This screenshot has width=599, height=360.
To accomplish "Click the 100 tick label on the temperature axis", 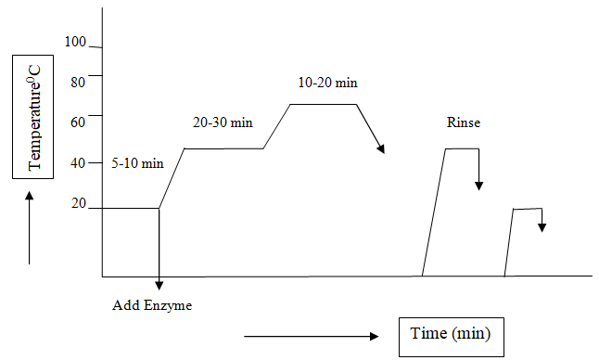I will click(x=75, y=43).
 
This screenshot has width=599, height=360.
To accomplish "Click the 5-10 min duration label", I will click(x=137, y=163).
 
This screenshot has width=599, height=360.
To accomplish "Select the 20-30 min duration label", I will click(x=223, y=122).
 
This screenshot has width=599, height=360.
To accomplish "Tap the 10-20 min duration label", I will click(x=327, y=83).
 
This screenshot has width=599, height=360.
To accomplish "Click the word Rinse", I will click(x=464, y=122).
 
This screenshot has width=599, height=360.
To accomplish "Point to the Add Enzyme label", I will click(x=152, y=305).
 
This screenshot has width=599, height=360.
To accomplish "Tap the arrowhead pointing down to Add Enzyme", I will click(x=159, y=284).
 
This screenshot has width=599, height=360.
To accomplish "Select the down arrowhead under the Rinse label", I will click(x=478, y=185).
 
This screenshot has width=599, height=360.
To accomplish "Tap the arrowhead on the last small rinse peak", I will click(x=542, y=227).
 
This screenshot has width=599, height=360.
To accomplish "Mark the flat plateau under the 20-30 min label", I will click(x=224, y=148).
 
